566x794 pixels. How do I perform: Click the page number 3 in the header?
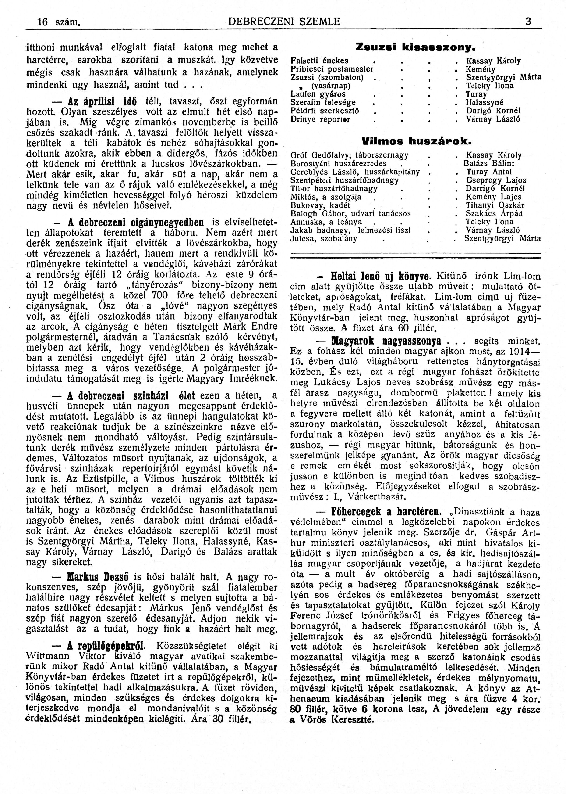528,22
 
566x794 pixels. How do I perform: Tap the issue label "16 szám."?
59,22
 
